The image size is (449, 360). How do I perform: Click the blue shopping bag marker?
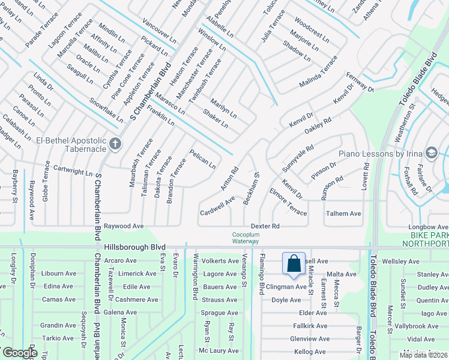pyautogui.click(x=294, y=265)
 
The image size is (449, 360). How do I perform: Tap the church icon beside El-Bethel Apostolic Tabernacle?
pyautogui.click(x=115, y=144)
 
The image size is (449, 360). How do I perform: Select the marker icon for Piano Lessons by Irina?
pyautogui.click(x=430, y=153)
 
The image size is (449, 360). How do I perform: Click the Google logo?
pyautogui.click(x=19, y=353)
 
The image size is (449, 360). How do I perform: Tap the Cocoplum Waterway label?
pyautogui.click(x=246, y=238)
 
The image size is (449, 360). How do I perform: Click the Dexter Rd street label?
pyautogui.click(x=265, y=226)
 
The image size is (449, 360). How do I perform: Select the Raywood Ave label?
pyautogui.click(x=124, y=226)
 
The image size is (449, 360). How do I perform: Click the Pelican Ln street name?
pyautogui.click(x=202, y=158)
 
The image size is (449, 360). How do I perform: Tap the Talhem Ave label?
pyautogui.click(x=343, y=214)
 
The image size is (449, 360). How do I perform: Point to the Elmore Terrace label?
pyautogui.click(x=288, y=202)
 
